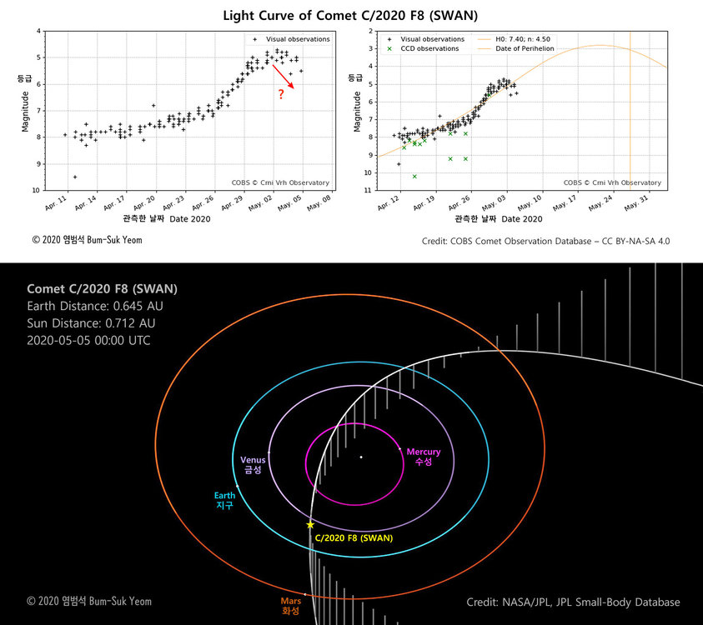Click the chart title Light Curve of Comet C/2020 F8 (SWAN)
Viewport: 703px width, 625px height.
[351, 15]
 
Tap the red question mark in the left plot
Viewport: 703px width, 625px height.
[281, 94]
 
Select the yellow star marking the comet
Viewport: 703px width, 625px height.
[310, 525]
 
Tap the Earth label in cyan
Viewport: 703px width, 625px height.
[225, 500]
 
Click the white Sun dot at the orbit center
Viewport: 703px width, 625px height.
[360, 457]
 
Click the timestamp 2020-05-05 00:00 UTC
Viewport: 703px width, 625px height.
[88, 341]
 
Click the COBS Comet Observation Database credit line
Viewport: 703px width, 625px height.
[546, 241]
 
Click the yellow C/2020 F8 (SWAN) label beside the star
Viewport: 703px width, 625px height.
[354, 537]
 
